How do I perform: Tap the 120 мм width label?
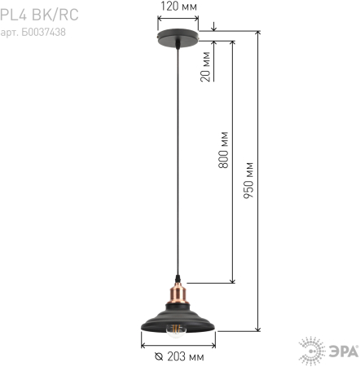pyautogui.click(x=178, y=7)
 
